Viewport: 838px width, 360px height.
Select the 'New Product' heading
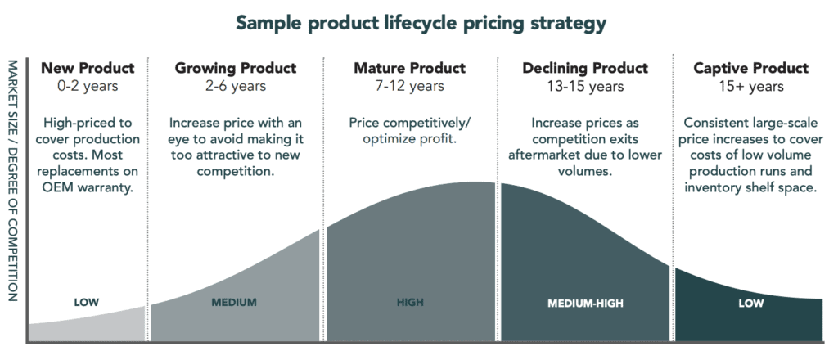(x=87, y=68)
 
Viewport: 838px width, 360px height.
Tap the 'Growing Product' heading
(x=236, y=68)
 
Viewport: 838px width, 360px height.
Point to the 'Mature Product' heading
(x=409, y=68)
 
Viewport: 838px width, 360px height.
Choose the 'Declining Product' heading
(x=585, y=68)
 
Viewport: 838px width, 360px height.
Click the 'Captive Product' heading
(x=750, y=68)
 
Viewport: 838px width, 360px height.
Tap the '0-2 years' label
(x=87, y=85)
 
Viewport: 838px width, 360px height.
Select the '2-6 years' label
(x=236, y=85)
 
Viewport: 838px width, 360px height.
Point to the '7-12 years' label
(x=409, y=85)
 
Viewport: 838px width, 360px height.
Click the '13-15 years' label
(x=585, y=85)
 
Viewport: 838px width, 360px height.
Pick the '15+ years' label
(x=750, y=85)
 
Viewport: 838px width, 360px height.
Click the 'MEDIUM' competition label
(x=234, y=303)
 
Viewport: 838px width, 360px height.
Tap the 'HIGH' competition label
(x=410, y=303)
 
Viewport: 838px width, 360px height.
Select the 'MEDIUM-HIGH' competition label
(x=585, y=304)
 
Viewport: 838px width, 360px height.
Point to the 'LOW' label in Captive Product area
(x=750, y=304)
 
